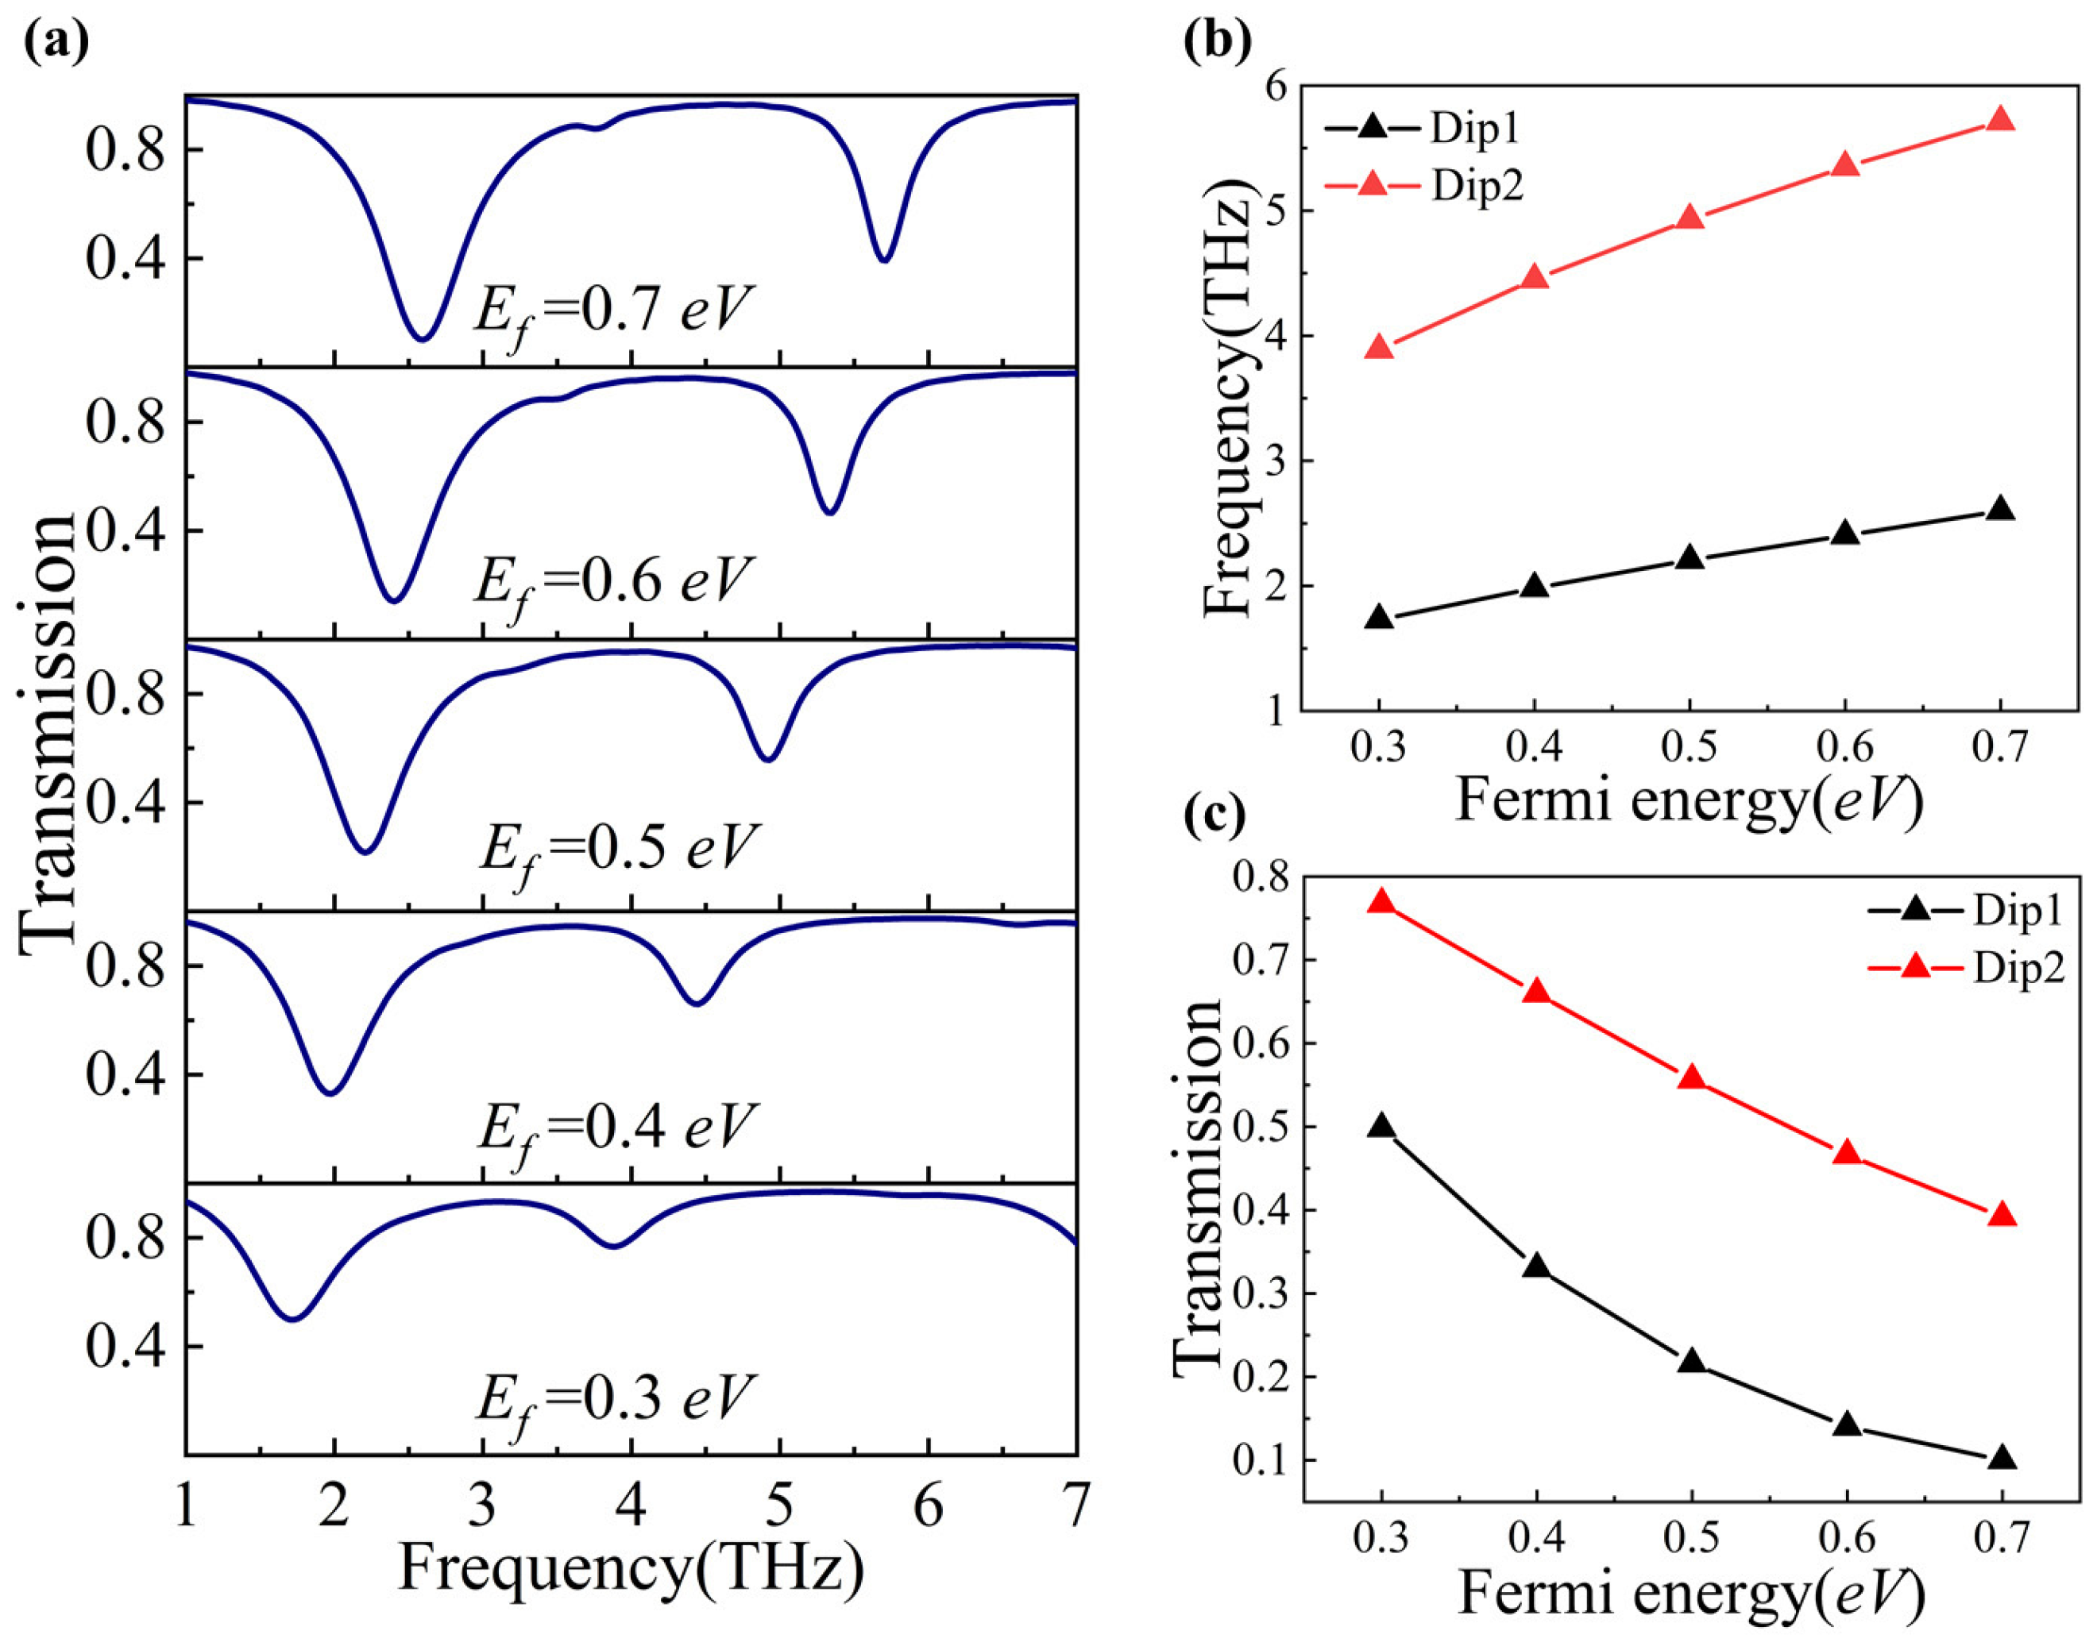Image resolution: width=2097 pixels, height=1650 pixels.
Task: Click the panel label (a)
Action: (x=56, y=40)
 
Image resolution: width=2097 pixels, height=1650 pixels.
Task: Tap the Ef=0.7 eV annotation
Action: (x=612, y=311)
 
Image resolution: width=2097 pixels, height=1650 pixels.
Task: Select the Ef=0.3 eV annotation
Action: (x=612, y=1397)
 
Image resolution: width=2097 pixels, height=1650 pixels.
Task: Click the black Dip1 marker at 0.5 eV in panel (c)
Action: (x=1691, y=1362)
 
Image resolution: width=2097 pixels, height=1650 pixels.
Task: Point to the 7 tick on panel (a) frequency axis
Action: (x=1076, y=1504)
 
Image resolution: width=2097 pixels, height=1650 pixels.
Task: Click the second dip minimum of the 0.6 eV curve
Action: (x=829, y=511)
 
